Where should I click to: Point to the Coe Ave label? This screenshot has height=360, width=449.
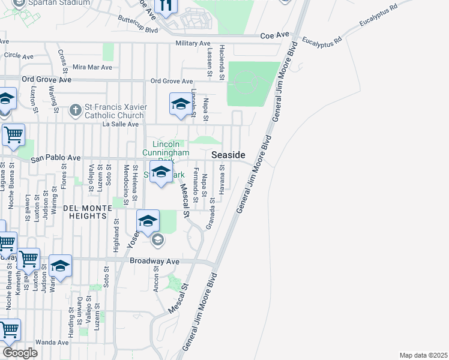pos(275,36)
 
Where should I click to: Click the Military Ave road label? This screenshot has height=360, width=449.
pos(193,44)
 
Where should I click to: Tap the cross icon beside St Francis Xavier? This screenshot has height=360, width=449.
pos(75,110)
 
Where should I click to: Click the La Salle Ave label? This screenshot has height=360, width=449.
pos(121,124)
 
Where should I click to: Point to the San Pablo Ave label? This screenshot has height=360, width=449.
pos(56,158)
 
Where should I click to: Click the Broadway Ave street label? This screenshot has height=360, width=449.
pos(155,262)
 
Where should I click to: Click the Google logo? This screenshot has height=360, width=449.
pos(20,353)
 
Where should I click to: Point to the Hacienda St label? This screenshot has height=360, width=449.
pos(221,62)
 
